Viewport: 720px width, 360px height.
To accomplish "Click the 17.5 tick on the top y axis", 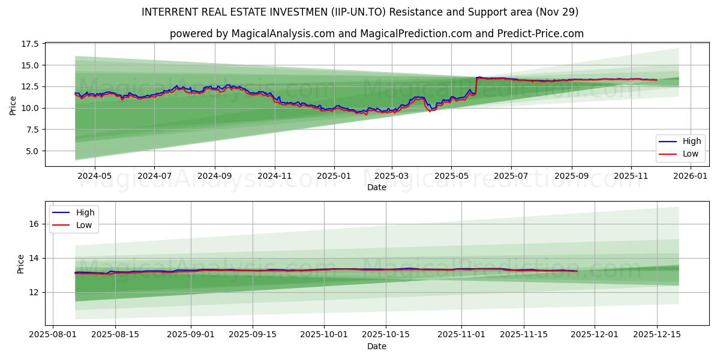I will (x=29, y=44).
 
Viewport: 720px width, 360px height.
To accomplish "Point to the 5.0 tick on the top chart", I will (x=31, y=151).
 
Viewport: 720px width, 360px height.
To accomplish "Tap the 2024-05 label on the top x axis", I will (x=94, y=176).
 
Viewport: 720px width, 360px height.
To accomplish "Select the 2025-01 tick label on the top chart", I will (x=334, y=176).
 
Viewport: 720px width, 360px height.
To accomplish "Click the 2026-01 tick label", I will (x=691, y=176).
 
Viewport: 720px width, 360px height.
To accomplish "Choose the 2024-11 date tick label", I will (x=274, y=176).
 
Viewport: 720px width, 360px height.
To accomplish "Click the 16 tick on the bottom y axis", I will (x=34, y=224).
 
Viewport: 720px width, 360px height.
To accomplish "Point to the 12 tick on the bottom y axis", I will (x=34, y=292).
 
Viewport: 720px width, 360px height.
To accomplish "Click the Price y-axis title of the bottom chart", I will (x=21, y=264).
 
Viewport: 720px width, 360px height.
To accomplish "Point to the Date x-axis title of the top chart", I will (x=377, y=187).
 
